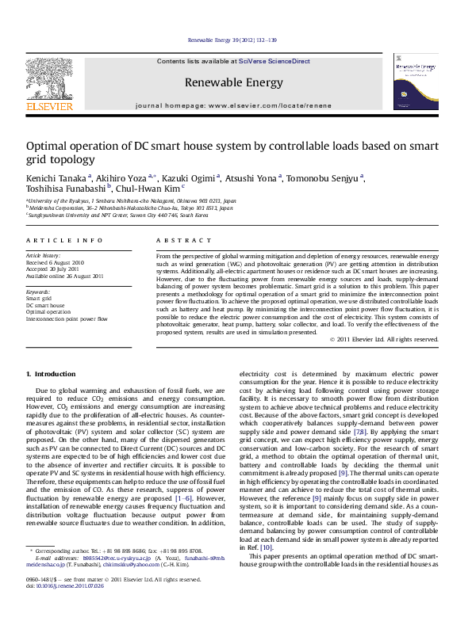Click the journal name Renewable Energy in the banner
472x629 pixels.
233,82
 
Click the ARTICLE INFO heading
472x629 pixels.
64,240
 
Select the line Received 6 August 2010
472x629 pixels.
56,263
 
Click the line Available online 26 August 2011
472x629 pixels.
65,276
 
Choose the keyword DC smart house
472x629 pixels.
45,305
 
